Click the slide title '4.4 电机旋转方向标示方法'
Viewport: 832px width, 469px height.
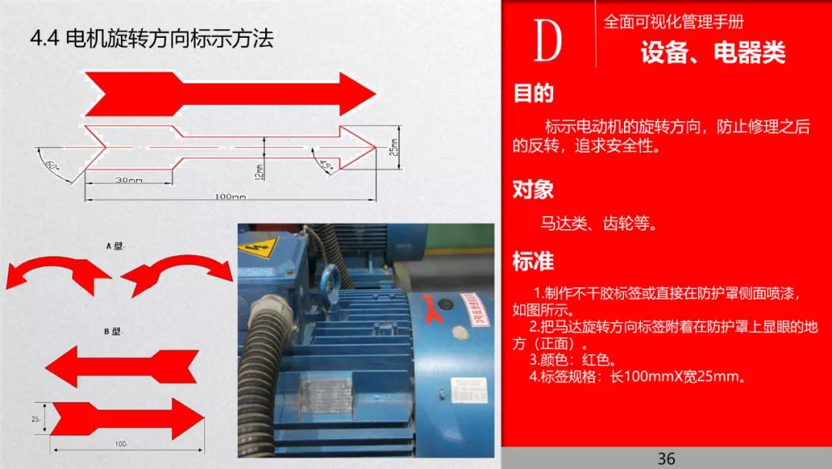151,39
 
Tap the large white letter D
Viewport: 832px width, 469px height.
548,42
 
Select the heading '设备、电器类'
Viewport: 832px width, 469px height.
713,52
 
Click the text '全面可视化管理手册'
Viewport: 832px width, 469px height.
673,22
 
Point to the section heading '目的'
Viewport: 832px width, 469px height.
533,93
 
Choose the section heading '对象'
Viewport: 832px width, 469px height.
533,189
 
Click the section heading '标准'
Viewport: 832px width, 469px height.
533,261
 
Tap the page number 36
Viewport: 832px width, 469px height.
666,458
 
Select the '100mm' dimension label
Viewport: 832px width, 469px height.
230,197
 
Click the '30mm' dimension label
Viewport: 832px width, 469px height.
129,180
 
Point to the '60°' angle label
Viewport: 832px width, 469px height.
52,164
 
